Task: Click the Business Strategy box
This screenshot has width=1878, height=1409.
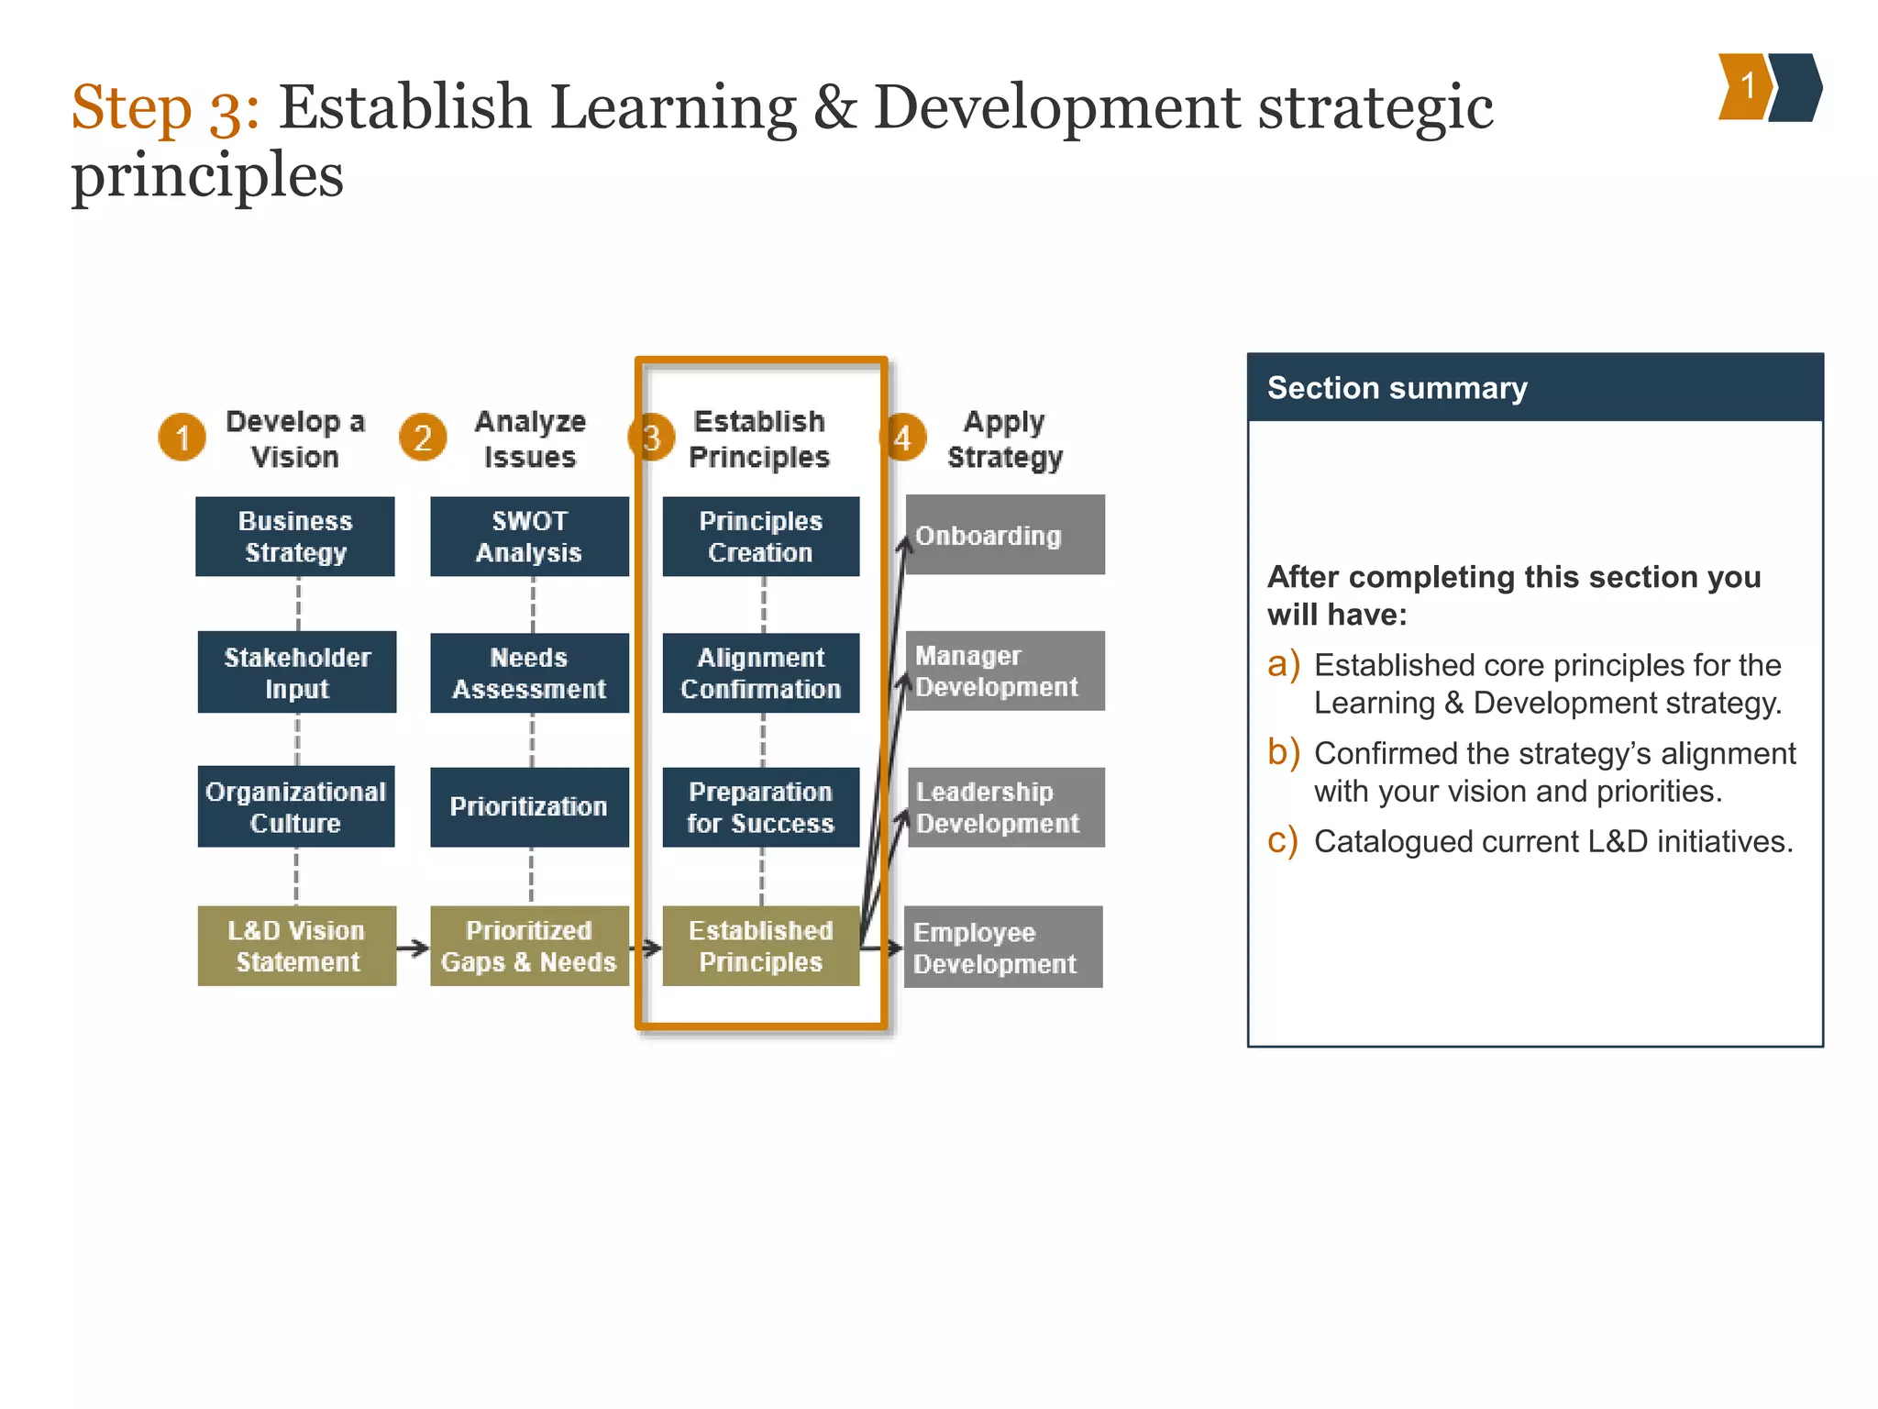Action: coord(294,537)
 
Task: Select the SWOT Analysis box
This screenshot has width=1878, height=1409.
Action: coord(529,537)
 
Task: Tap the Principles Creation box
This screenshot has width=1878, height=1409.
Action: coord(760,537)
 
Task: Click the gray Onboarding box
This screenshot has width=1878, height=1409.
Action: coord(1005,535)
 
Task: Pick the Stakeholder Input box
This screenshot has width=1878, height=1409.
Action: coord(296,672)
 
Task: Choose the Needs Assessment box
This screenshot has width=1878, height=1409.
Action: coord(529,672)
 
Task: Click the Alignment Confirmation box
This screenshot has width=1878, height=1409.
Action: coord(760,672)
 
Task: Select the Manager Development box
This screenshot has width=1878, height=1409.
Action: coord(1005,671)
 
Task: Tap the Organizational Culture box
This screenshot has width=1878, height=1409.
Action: coord(295,806)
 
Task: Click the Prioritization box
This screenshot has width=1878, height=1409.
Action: coord(529,806)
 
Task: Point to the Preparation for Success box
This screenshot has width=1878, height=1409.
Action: coord(760,806)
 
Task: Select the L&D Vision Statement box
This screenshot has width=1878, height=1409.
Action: coord(296,946)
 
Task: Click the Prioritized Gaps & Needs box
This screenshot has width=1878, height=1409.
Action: coord(529,946)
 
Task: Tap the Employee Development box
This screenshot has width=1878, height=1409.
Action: coord(1003,947)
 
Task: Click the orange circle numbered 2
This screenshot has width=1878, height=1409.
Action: coord(423,438)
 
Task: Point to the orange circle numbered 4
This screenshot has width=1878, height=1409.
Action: coord(902,438)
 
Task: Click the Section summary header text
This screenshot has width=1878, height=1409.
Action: coord(1397,388)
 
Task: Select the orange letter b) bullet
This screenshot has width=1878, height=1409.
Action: coord(1283,752)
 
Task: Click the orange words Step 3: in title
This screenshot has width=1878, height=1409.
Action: coord(165,108)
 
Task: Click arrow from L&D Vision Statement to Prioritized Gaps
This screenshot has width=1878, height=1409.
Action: coord(413,948)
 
